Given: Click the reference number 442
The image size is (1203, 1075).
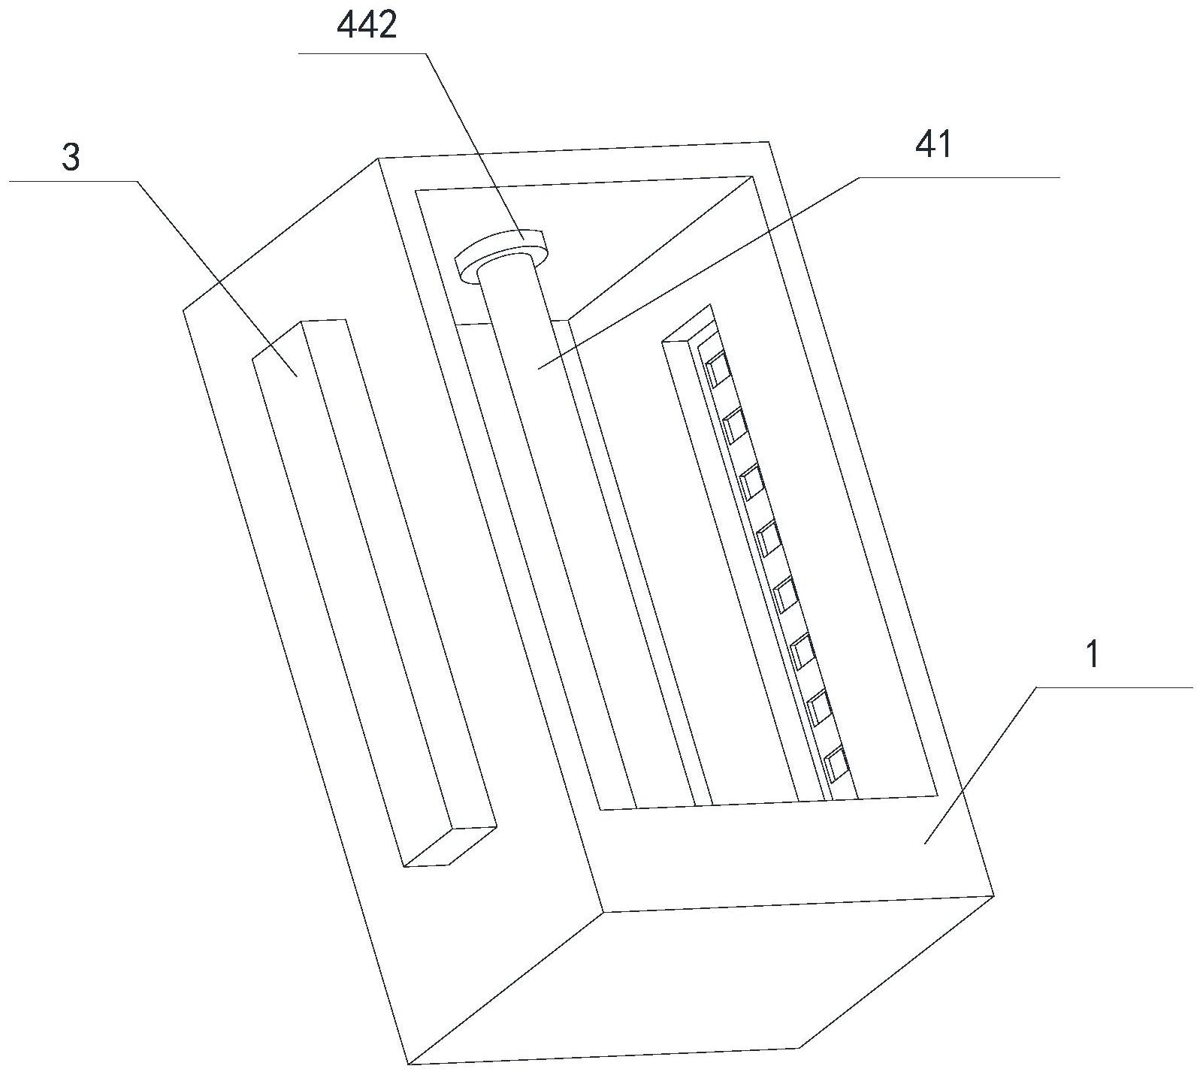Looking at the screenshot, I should [x=367, y=27].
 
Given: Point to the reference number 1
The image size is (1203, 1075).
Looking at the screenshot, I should [x=1093, y=655].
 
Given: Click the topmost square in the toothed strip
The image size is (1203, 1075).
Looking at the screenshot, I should [x=718, y=368].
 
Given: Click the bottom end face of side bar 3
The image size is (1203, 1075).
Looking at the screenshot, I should [x=449, y=847].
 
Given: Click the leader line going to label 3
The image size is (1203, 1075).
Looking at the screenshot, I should [x=218, y=278].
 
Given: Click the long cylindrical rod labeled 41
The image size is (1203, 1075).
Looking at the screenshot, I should [x=556, y=488].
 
